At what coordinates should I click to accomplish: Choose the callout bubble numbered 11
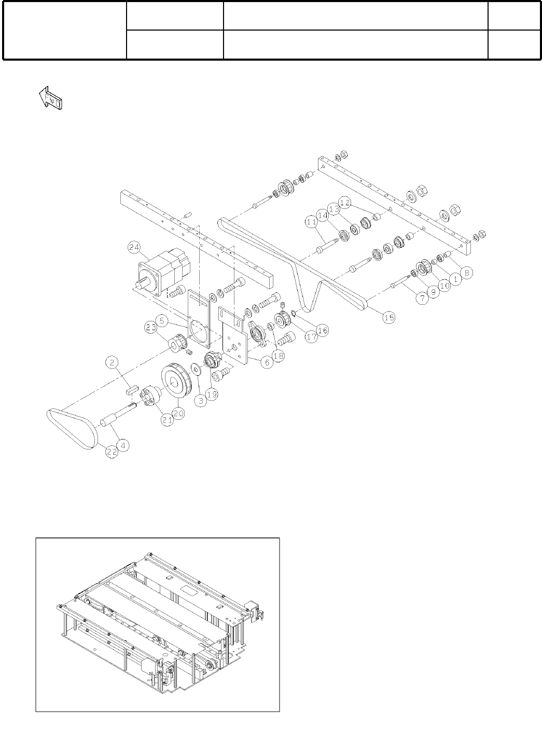click(311, 222)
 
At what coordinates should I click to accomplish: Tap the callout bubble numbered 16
click(323, 330)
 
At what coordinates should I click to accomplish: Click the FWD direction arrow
click(51, 97)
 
